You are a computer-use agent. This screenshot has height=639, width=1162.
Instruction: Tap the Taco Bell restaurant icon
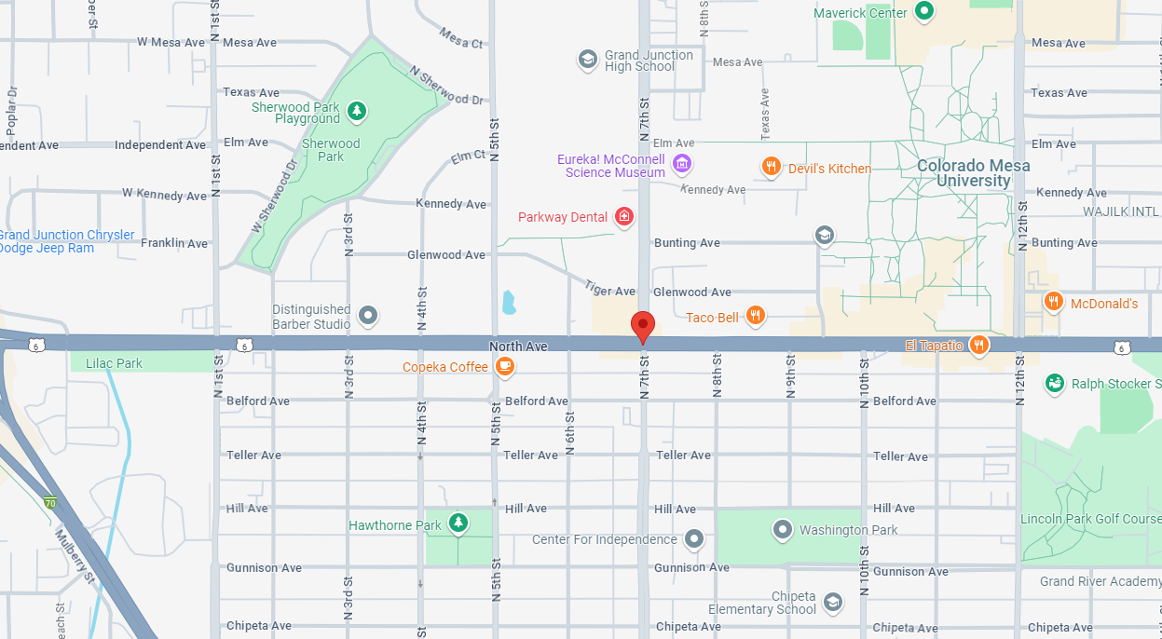[756, 317]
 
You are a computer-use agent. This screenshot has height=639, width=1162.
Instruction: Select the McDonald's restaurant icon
[1053, 301]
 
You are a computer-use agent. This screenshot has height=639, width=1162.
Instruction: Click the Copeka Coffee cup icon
[504, 367]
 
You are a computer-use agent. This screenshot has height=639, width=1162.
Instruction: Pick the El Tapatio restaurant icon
[978, 345]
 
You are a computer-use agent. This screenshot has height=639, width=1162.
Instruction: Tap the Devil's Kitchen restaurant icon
[771, 168]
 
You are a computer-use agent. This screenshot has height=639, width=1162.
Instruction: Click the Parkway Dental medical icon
[623, 217]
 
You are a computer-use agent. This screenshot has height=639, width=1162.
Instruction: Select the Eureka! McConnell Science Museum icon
[682, 164]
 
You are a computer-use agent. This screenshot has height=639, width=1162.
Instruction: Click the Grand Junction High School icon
[587, 61]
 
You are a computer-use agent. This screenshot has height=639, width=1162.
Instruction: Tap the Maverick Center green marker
[923, 12]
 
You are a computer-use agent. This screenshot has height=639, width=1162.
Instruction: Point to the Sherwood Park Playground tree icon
[356, 112]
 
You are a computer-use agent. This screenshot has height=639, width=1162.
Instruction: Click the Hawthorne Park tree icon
[458, 523]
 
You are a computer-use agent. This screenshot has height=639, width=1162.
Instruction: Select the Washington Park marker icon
[783, 529]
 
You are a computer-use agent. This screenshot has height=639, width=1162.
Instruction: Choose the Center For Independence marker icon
[693, 539]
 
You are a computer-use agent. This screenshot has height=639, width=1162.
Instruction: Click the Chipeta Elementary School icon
[832, 603]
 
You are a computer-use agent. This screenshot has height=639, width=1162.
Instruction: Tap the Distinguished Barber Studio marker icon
[368, 316]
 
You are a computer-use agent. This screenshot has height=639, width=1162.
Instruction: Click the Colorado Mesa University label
[973, 173]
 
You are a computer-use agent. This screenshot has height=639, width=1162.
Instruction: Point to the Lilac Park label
[114, 363]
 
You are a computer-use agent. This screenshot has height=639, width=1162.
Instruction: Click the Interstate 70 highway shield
[50, 503]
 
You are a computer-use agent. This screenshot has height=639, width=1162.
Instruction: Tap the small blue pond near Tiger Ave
[509, 302]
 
